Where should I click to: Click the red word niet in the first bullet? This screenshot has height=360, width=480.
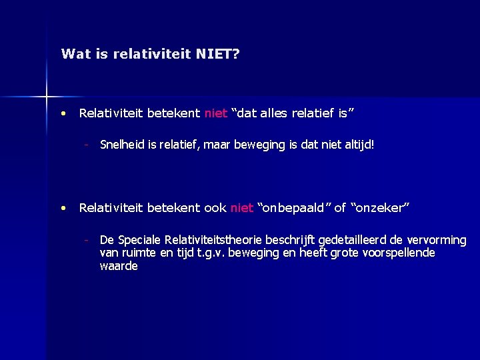[x=216, y=113]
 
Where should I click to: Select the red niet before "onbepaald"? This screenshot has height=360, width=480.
[x=241, y=208]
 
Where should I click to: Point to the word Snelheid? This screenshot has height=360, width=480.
[x=120, y=144]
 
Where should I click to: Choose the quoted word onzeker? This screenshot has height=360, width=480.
[x=381, y=208]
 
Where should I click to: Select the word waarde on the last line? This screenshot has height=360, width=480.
[x=119, y=266]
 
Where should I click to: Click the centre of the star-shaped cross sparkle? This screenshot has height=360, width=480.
[x=47, y=97]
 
